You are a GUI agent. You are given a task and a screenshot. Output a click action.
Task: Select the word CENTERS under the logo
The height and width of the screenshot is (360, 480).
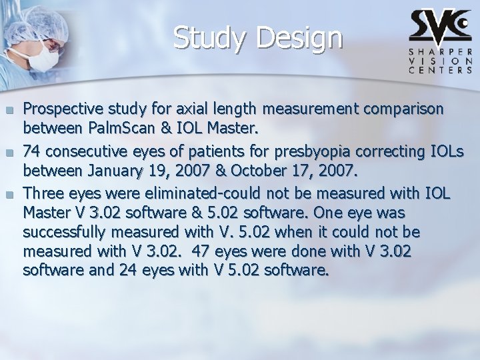point(440,69)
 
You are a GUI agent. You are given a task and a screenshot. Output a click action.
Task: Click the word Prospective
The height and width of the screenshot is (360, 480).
point(61,108)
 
